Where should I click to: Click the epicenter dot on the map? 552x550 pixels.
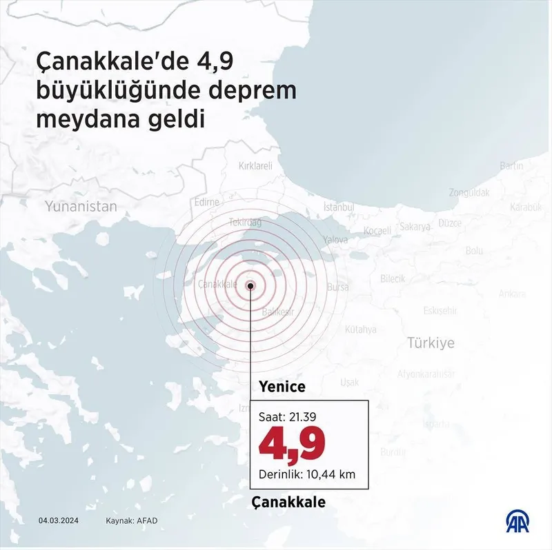coord(250,285)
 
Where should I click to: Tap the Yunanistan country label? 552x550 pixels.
coord(81,206)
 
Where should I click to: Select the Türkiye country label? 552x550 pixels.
coord(431,343)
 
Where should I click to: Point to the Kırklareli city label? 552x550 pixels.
coord(255,166)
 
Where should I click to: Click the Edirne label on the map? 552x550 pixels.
coord(206,202)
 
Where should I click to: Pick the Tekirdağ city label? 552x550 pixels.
coord(245,223)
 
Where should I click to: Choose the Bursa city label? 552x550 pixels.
coord(337,287)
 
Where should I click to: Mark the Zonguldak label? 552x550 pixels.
coord(469,192)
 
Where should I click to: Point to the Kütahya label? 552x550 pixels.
coord(360,329)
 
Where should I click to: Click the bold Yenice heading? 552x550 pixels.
coord(282,387)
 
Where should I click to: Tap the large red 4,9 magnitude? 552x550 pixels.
coord(291,444)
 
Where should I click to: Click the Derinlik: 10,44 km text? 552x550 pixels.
coord(306,473)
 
